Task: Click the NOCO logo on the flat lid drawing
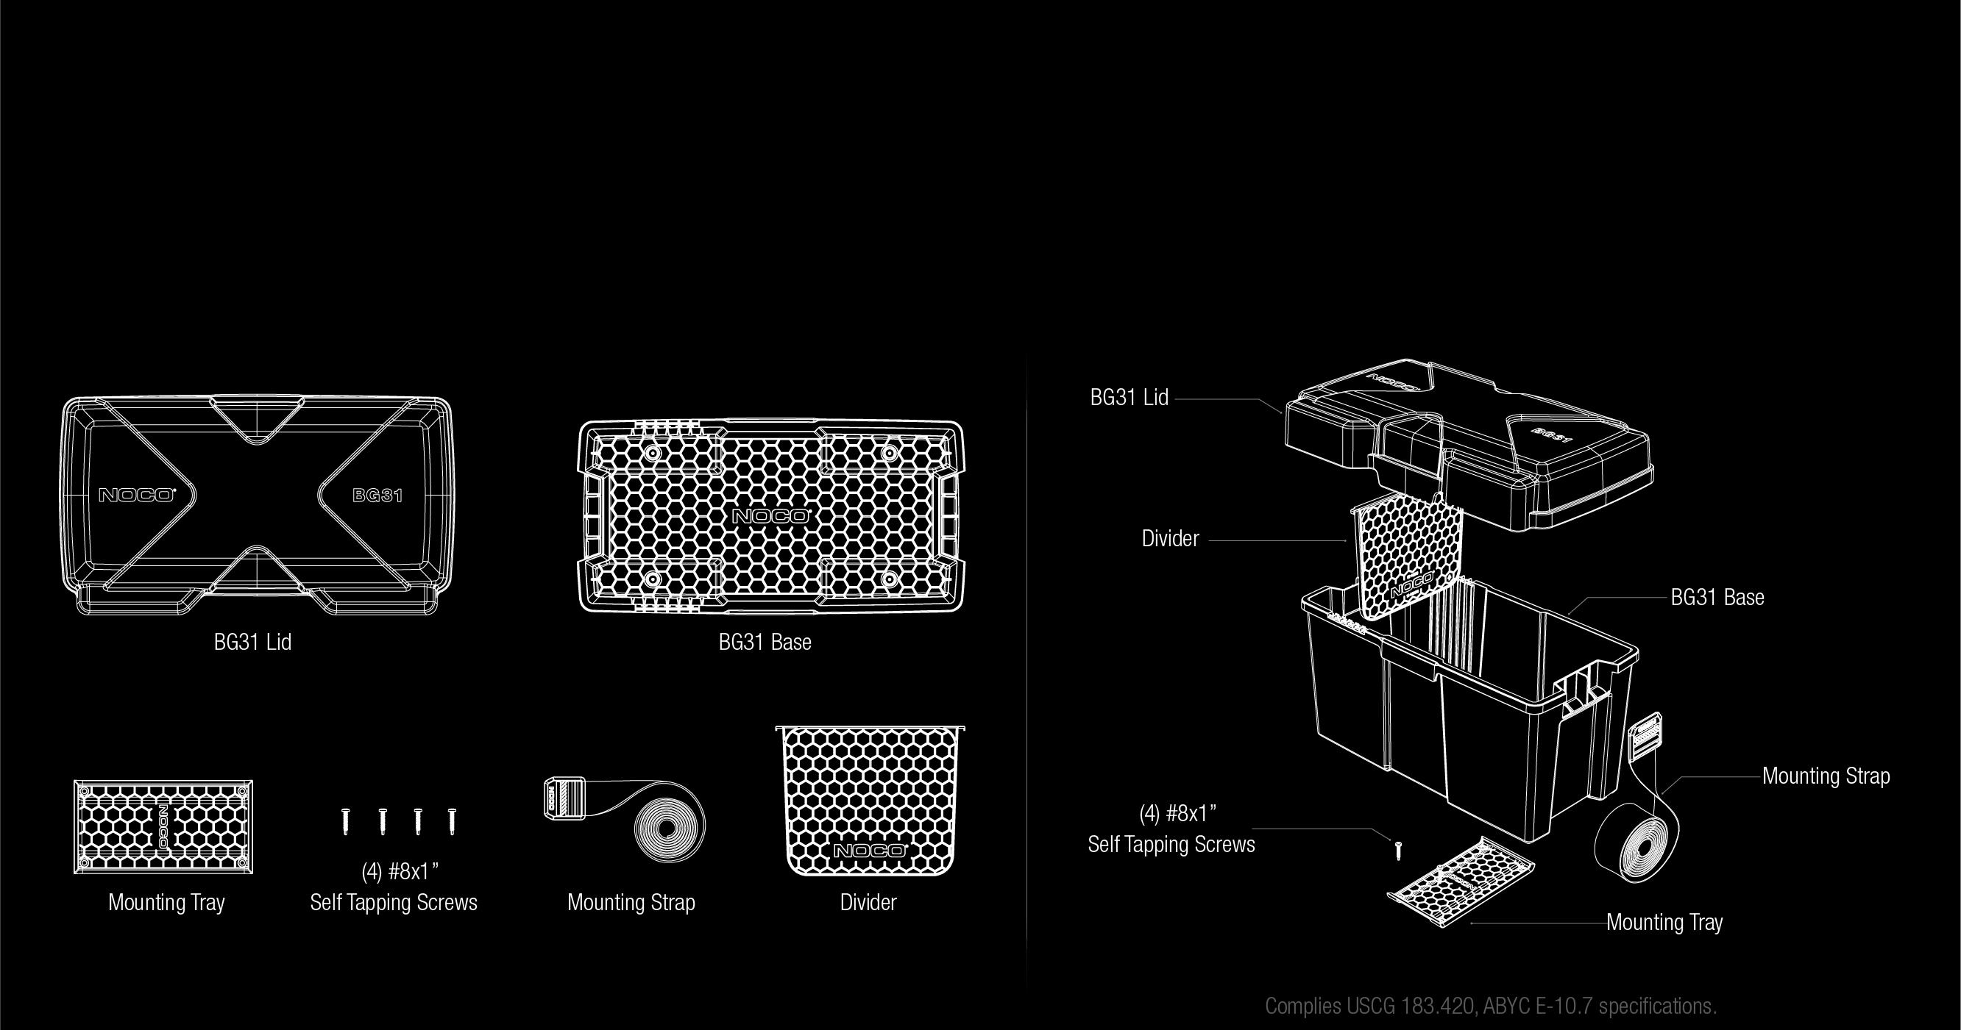point(137,496)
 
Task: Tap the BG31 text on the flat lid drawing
point(377,496)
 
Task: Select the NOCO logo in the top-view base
point(770,517)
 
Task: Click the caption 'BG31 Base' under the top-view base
point(765,642)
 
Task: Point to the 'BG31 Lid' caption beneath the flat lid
point(252,642)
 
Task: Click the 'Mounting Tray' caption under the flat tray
point(167,903)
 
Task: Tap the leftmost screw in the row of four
point(347,821)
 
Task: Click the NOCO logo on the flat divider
point(869,850)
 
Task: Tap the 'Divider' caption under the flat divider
point(868,903)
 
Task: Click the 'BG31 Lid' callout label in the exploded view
point(1129,398)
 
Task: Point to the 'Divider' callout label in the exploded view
point(1170,539)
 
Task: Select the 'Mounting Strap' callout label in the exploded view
point(1826,776)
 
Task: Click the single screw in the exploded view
point(1397,850)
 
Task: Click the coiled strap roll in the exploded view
point(1636,841)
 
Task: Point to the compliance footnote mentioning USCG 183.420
point(1491,1006)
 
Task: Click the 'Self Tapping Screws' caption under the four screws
point(394,903)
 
